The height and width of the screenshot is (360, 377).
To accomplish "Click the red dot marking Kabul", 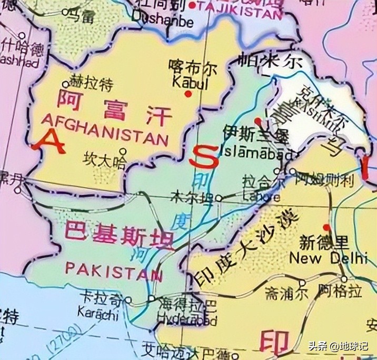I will click(187, 94).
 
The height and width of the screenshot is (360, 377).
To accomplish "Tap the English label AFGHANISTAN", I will click(104, 128).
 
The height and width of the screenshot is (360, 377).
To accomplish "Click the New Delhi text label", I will click(329, 258).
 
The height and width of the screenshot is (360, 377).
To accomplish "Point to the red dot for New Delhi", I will click(328, 228).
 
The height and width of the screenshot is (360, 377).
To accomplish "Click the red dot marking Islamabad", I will click(256, 121).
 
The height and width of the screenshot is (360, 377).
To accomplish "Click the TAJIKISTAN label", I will click(237, 6).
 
